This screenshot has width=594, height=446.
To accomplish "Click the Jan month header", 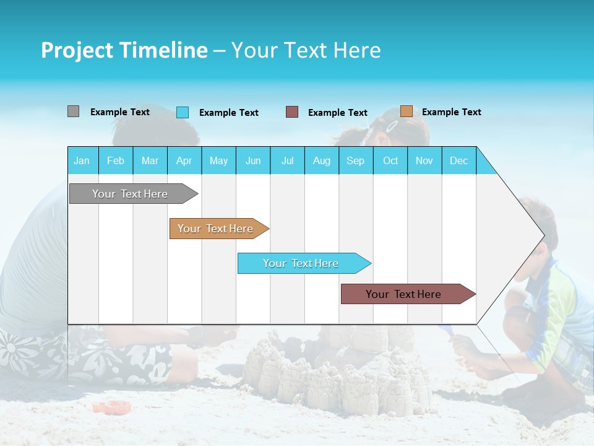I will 82,160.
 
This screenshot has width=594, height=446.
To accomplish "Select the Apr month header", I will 184,160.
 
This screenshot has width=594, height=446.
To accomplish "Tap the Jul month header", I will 287,160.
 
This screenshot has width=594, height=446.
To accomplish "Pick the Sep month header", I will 355,160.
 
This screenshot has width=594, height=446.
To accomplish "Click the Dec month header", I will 458,160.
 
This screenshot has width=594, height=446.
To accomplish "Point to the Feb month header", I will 116,160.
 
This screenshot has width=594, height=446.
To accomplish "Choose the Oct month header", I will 390,160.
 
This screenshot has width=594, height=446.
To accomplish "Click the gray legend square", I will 73,111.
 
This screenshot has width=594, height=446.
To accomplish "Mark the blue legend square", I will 183,112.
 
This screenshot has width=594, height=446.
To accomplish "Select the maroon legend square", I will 292,112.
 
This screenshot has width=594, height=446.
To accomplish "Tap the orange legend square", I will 407,111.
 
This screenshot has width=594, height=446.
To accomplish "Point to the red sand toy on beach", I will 112,407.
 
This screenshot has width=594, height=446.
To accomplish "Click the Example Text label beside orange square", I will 451,112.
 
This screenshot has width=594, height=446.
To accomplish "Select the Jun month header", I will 253,160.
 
